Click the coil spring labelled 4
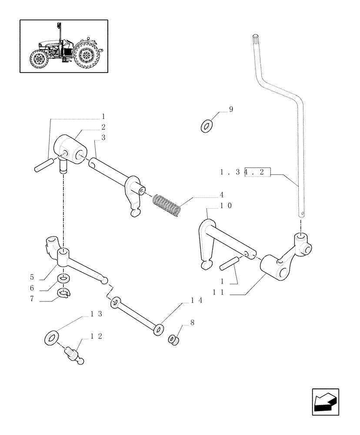pyautogui.click(x=167, y=204)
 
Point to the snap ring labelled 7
pyautogui.click(x=63, y=294)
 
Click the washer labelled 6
pyautogui.click(x=63, y=278)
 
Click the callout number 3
pyautogui.click(x=103, y=137)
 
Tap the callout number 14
pyautogui.click(x=197, y=300)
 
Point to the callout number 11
pyautogui.click(x=219, y=293)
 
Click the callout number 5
pyautogui.click(x=32, y=277)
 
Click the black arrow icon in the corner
pyautogui.click(x=325, y=402)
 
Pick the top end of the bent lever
pyautogui.click(x=255, y=37)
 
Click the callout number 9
pyautogui.click(x=231, y=110)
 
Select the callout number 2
pyautogui.click(x=103, y=127)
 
